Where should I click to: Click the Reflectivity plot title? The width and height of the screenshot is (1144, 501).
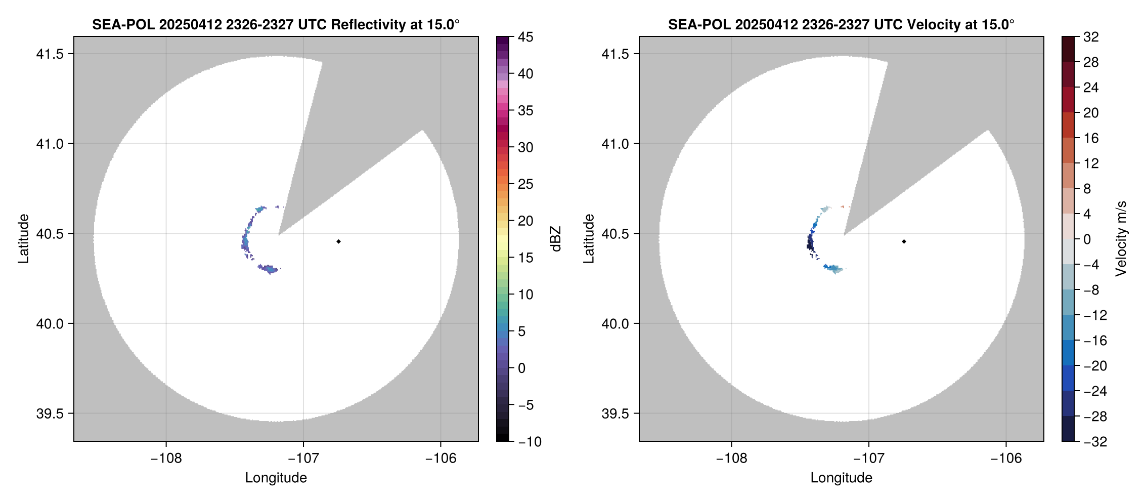click(276, 24)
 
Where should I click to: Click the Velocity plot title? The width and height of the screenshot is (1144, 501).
click(841, 24)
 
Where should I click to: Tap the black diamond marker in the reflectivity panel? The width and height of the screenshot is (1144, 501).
click(338, 241)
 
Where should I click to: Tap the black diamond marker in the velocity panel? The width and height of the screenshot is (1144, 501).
click(904, 241)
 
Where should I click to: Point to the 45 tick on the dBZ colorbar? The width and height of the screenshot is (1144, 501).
click(525, 37)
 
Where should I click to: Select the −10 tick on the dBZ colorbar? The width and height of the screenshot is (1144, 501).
click(530, 442)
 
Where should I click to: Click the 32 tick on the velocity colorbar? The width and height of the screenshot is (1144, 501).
click(1091, 37)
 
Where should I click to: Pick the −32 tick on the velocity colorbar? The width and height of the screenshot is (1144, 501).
click(1095, 442)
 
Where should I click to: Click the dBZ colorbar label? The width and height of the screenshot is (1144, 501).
click(556, 239)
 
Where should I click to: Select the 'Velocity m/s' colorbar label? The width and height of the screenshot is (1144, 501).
click(1121, 239)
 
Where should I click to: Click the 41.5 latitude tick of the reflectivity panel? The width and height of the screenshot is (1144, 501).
click(50, 54)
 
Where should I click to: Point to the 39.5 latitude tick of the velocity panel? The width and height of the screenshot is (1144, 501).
click(615, 413)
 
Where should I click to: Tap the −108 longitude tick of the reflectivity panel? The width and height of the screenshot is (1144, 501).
click(166, 458)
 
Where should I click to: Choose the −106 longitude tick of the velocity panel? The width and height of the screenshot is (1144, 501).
click(1006, 458)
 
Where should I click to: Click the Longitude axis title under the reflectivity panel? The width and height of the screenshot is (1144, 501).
click(276, 478)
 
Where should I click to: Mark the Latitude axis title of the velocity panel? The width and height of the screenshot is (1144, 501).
click(588, 239)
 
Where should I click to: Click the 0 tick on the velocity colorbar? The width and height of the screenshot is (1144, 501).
click(1087, 239)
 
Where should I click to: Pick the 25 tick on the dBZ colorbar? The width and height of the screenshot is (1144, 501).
click(525, 184)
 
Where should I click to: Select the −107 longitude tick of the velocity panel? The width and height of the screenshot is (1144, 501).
click(868, 458)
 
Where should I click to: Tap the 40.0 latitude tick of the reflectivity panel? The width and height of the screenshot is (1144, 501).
click(50, 323)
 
